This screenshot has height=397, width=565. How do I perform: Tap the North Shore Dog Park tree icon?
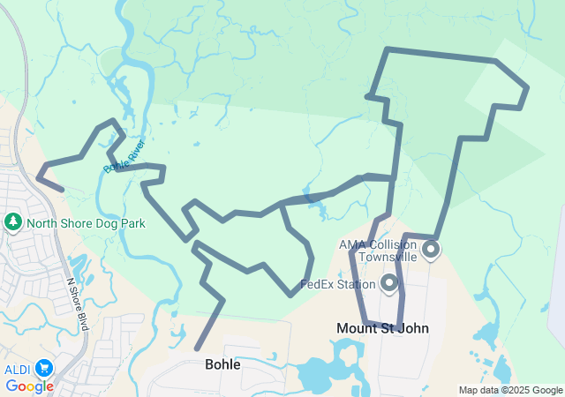click(x=13, y=222)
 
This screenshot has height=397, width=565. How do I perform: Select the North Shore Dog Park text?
click(x=86, y=223)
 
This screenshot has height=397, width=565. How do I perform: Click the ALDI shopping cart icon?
click(x=43, y=368)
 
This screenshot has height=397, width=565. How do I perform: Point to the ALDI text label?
click(x=17, y=368)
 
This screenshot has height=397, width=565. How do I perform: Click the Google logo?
click(x=29, y=386)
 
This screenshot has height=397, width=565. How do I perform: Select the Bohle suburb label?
click(x=222, y=363)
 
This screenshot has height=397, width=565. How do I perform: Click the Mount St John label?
click(x=382, y=328)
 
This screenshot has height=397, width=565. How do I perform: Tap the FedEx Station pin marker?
click(x=389, y=283)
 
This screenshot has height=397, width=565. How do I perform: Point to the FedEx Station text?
click(x=338, y=285)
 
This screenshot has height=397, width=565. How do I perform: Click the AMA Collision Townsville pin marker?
click(x=431, y=250)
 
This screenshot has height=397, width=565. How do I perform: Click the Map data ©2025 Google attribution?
click(x=510, y=390)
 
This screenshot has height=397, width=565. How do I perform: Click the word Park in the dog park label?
click(x=132, y=223)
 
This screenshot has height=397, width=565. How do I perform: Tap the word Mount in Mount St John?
click(x=356, y=328)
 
